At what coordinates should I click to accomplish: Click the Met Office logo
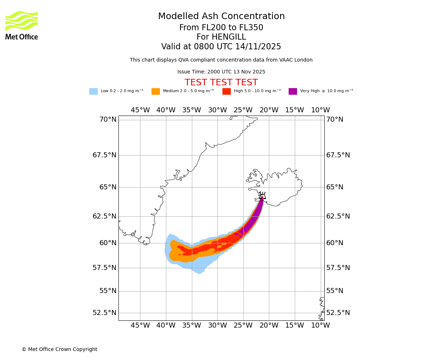pos(22,25)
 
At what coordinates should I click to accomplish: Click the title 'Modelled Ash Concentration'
pos(221,16)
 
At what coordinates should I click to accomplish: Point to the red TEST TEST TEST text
pos(221,82)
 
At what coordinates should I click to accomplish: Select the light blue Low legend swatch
pos(93,91)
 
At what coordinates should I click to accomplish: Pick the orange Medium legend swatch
pos(156,91)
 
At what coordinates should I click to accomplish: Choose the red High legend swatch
pos(226,91)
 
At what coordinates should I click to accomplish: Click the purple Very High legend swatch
pos(293,91)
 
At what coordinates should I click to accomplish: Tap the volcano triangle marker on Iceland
pos(262,197)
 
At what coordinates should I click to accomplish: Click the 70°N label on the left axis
pos(108,120)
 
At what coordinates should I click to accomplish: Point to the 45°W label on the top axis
pos(140,110)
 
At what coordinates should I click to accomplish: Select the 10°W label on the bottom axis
pos(320,325)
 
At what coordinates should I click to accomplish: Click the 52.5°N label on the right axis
pos(338,312)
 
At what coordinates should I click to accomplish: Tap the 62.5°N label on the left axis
pos(104,216)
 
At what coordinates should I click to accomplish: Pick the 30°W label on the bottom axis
pos(217,325)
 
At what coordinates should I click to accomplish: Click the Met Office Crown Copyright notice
pos(59,349)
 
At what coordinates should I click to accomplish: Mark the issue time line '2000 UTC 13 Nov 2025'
pos(221,72)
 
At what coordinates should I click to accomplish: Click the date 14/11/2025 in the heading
pos(258,47)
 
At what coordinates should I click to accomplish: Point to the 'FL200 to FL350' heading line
pos(221,28)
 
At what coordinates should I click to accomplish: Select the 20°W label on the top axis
pos(269,110)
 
